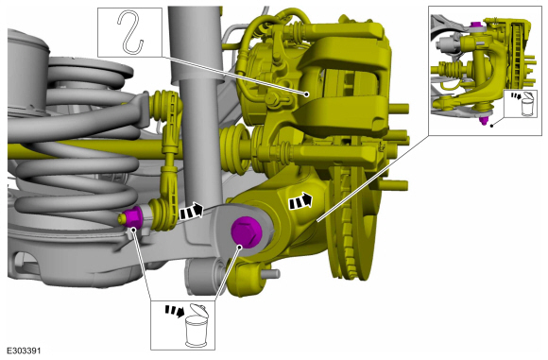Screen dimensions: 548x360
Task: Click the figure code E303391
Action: click(x=24, y=351)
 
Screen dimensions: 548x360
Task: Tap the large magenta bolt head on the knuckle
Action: click(x=247, y=231)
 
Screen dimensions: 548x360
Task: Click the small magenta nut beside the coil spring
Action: click(x=132, y=217)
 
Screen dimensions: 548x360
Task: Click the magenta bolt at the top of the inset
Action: click(x=475, y=25)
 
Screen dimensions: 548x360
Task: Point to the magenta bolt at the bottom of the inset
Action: click(x=484, y=120)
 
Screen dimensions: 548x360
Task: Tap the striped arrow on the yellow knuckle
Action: click(x=300, y=200)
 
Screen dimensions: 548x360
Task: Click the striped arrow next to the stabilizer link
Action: click(x=191, y=212)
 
